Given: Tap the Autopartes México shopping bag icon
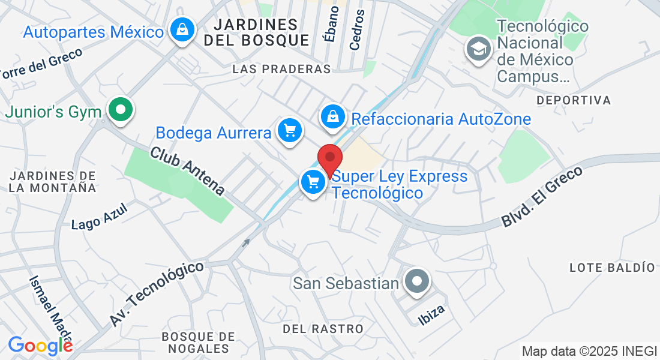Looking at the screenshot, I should (x=181, y=29).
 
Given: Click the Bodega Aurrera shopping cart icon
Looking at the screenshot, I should (x=290, y=130).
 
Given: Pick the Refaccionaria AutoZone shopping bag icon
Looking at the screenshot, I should (x=332, y=117).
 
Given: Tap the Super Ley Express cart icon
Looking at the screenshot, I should (x=313, y=182).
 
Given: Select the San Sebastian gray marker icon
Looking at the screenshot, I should (x=416, y=281).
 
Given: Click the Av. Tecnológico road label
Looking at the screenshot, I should (x=157, y=293).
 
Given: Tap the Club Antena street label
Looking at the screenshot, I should (x=187, y=171).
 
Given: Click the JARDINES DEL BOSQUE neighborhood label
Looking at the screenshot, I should (x=256, y=32).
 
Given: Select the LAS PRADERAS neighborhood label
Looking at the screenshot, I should (x=281, y=70).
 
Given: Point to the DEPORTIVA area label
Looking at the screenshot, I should (x=574, y=100).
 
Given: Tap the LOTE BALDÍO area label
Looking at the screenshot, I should (x=612, y=267).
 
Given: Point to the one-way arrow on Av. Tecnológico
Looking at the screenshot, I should (x=245, y=243).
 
